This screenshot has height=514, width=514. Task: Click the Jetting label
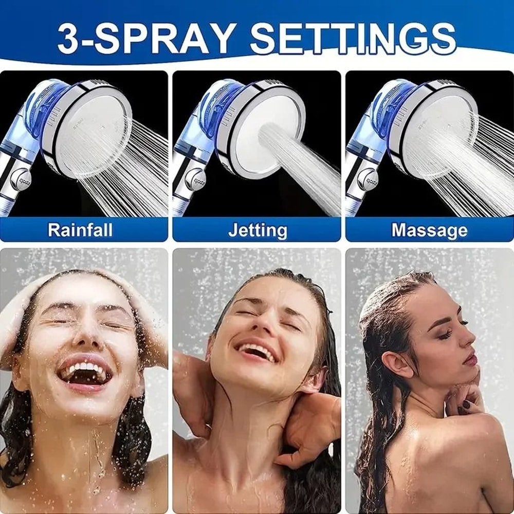pyautogui.click(x=258, y=230)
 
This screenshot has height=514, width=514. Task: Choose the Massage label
pyautogui.click(x=429, y=230)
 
